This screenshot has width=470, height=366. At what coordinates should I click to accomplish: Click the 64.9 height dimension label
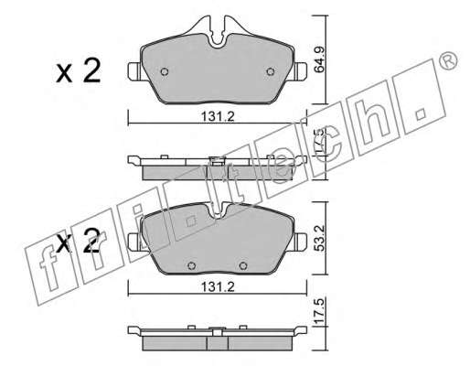[x=320, y=59]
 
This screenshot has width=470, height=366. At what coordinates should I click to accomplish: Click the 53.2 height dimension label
[x=320, y=238]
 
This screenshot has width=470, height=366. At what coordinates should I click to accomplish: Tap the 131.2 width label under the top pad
[x=218, y=116]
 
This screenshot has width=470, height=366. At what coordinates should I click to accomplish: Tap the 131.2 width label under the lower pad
[x=218, y=286]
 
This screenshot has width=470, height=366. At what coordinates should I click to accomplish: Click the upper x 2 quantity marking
[x=79, y=71]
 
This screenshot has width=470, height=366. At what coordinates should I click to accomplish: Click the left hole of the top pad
[x=165, y=71]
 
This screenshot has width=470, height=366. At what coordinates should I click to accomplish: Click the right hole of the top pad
[x=271, y=71]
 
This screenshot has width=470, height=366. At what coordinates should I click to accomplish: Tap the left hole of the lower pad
[x=191, y=265]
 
